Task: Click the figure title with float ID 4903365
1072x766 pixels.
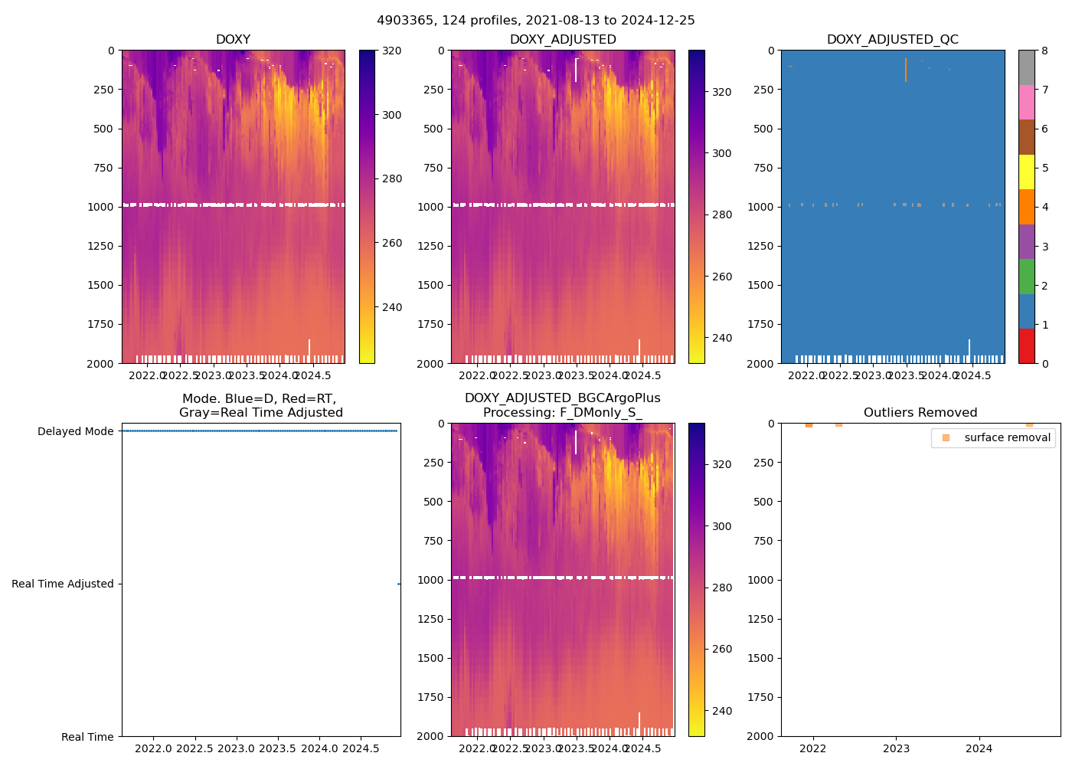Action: click(535, 21)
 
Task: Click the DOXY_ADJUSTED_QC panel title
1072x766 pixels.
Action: click(892, 40)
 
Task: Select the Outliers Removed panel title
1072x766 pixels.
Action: click(920, 413)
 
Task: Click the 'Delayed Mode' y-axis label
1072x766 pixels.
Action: click(75, 431)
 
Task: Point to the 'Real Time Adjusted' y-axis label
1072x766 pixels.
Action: click(62, 584)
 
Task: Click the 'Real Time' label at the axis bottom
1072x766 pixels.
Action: click(87, 737)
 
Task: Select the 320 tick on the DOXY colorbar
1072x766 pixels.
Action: click(391, 51)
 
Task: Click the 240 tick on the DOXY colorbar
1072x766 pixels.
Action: click(391, 307)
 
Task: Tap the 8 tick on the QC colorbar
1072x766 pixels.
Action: click(1044, 51)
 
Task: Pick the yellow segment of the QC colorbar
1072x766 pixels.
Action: click(1026, 172)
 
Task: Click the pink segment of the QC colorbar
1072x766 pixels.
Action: click(1026, 103)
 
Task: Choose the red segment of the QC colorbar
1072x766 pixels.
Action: click(1026, 346)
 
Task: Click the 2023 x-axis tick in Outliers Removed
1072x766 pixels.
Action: click(896, 748)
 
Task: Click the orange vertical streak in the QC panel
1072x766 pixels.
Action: click(905, 70)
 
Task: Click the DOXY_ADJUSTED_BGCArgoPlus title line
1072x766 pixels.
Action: click(562, 398)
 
